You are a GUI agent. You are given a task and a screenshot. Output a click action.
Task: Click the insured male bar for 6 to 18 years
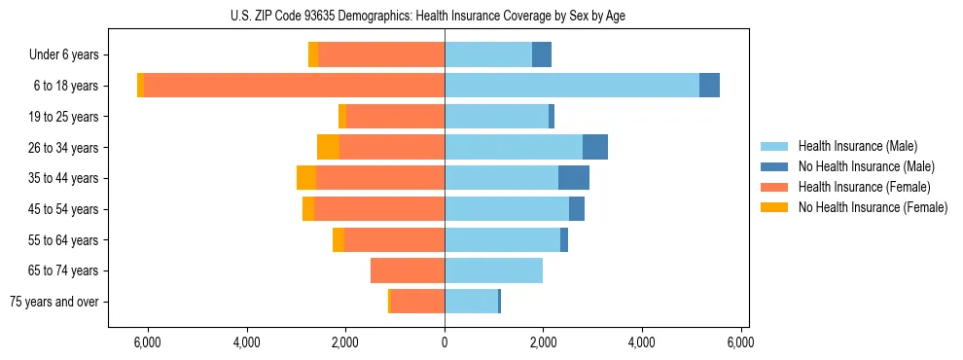[x=572, y=86]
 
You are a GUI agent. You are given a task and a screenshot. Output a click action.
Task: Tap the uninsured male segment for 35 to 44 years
[x=574, y=178]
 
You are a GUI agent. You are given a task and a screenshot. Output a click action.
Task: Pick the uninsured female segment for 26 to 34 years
[x=328, y=147]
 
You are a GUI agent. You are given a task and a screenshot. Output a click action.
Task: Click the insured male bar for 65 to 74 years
[x=493, y=270]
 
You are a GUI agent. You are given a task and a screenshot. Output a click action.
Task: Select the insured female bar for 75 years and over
[x=417, y=302]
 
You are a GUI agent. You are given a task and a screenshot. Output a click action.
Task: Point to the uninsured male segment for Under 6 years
[x=542, y=54]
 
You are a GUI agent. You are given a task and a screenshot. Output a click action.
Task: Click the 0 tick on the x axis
[x=445, y=342]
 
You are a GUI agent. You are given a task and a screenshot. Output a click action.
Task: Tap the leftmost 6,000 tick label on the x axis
[x=147, y=342]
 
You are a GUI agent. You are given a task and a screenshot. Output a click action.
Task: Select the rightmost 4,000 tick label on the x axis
[x=642, y=342]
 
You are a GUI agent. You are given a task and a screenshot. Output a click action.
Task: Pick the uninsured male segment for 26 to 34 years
[x=595, y=147]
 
